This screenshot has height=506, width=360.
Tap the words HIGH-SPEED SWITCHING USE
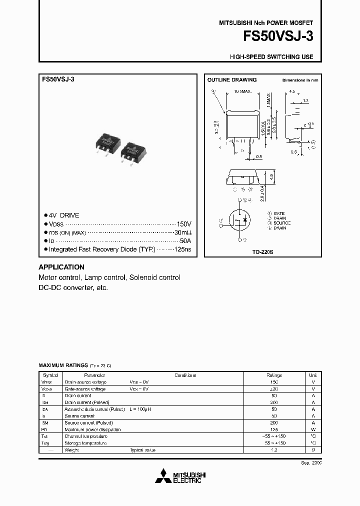(271, 57)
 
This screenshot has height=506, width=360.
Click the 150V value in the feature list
(184, 224)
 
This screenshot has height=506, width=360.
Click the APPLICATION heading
(61, 267)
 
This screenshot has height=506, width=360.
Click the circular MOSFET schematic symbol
(240, 220)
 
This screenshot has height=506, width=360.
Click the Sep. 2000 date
(311, 463)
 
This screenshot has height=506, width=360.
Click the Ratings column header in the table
(274, 375)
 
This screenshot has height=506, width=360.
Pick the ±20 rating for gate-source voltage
(274, 388)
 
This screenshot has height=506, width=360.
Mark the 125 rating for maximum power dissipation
(274, 429)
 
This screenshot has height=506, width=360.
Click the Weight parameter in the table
(72, 450)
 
